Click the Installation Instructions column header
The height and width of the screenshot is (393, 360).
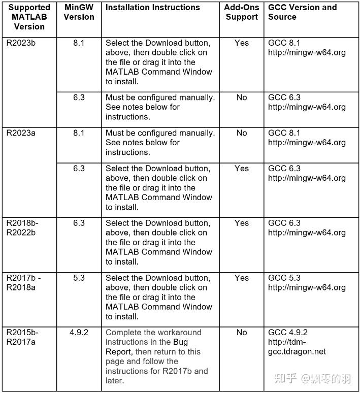point(152,8)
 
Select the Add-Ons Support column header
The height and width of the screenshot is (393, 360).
point(242,12)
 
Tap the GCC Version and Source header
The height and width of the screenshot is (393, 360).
point(302,12)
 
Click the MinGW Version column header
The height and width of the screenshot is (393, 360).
point(79,12)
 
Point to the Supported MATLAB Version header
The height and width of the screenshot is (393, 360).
point(29,17)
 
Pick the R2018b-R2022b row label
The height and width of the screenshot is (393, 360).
point(22,228)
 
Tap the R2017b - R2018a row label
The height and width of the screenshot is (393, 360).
point(24,283)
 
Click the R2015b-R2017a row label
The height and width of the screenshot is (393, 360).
point(22,337)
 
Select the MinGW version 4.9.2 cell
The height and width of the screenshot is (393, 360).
point(79,333)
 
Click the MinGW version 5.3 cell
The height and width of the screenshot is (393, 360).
point(79,278)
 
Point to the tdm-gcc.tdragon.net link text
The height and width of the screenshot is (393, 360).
point(297,347)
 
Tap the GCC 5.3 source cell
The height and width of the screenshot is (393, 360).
point(307,283)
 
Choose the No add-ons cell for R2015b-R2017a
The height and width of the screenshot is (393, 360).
point(242,333)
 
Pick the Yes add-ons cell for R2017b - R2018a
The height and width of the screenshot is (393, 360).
point(242,278)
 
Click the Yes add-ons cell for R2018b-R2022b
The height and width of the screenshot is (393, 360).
point(242,223)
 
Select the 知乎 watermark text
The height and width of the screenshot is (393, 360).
point(285,378)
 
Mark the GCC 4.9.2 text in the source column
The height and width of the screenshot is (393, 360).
point(288,333)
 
